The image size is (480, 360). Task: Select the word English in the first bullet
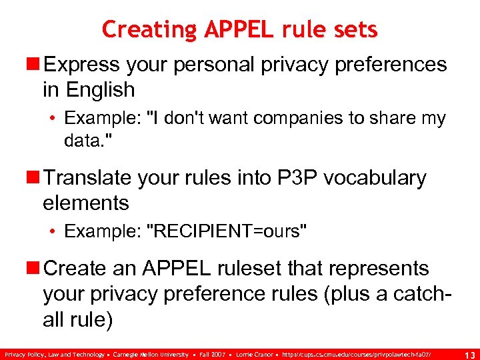[101, 89]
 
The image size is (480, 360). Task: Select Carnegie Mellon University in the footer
[151, 354]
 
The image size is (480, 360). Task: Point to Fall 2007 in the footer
[213, 354]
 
